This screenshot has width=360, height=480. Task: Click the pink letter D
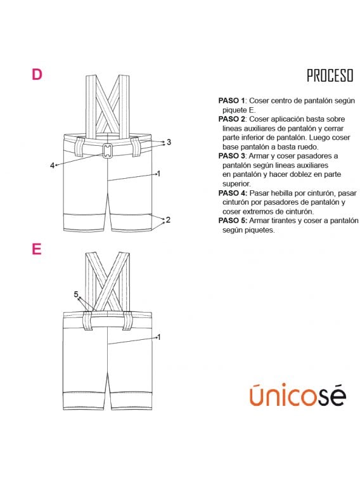pos(37,74)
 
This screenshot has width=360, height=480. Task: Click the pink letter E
pos(37,249)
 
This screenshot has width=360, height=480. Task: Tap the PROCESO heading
pos(330,75)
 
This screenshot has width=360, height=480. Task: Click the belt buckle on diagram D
pos(107,151)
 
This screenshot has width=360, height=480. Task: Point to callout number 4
pos(53,165)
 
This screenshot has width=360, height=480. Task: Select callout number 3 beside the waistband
pos(169,142)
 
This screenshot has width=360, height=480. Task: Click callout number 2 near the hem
pos(168,220)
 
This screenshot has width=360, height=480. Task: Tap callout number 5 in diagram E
pos(76,294)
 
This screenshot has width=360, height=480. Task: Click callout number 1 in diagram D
pos(158,174)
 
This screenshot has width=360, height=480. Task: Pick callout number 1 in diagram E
pos(158,337)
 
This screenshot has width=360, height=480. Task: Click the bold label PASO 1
pos(232,101)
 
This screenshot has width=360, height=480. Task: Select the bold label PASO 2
pos(232,119)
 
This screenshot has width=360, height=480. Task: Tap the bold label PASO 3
pos(232,156)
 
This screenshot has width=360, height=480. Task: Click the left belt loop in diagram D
pos(79,147)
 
